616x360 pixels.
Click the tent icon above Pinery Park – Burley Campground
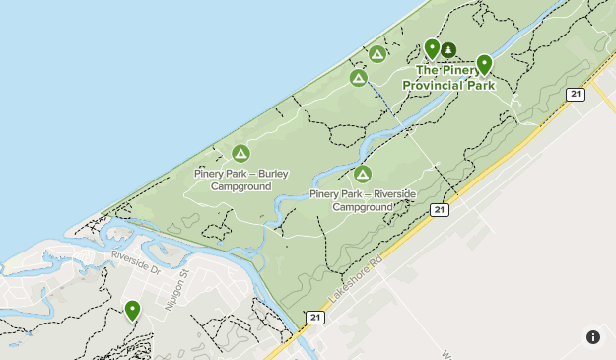click(x=240, y=153)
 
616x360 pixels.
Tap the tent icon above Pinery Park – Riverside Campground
click(x=362, y=175)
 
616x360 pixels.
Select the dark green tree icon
click(x=448, y=50)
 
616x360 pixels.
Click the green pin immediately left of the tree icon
click(x=431, y=49)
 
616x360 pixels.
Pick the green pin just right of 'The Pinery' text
click(x=484, y=65)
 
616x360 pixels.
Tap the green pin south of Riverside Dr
click(x=132, y=311)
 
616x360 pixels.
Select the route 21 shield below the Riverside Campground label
click(x=439, y=210)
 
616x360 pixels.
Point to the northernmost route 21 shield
click(x=576, y=94)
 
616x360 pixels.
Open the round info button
click(x=592, y=337)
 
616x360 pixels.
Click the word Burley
click(x=273, y=174)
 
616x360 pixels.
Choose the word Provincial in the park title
click(x=433, y=85)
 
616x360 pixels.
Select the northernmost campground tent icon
click(x=376, y=53)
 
